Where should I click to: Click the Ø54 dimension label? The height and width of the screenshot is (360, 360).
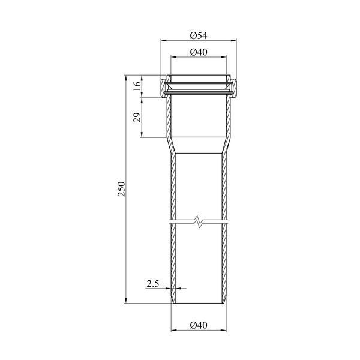199,35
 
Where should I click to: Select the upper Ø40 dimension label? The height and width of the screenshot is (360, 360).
199,52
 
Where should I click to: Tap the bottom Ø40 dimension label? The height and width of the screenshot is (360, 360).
199,325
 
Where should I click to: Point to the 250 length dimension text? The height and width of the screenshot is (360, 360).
121,189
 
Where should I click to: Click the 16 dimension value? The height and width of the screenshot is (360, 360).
137,86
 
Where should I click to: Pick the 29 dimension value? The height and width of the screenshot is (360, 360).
137,118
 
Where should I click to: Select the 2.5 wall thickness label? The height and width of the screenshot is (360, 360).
153,284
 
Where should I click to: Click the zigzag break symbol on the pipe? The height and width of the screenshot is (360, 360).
199,222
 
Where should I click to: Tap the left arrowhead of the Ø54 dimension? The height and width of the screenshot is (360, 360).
164,41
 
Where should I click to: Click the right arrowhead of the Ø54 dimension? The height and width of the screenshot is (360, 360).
233,41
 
